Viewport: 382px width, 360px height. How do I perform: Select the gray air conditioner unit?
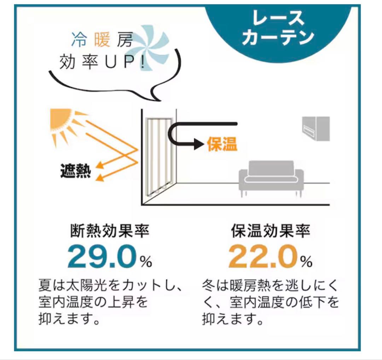(316, 128)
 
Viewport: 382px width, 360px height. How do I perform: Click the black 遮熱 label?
(76, 171)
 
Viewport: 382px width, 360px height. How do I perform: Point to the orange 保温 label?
(222, 144)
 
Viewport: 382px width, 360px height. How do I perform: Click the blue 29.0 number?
(102, 257)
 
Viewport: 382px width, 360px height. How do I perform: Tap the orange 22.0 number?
(262, 257)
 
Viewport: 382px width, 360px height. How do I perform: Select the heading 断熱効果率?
(110, 230)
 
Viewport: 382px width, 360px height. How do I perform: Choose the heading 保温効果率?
(271, 230)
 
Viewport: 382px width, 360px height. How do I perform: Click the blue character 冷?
(79, 39)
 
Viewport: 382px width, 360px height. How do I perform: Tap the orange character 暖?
(102, 39)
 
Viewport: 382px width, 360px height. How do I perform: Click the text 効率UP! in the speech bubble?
(102, 62)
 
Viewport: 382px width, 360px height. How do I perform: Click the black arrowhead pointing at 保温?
(199, 144)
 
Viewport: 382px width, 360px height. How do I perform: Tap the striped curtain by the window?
(158, 156)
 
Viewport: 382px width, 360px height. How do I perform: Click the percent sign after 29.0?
(146, 262)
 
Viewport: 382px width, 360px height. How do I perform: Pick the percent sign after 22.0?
(306, 262)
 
